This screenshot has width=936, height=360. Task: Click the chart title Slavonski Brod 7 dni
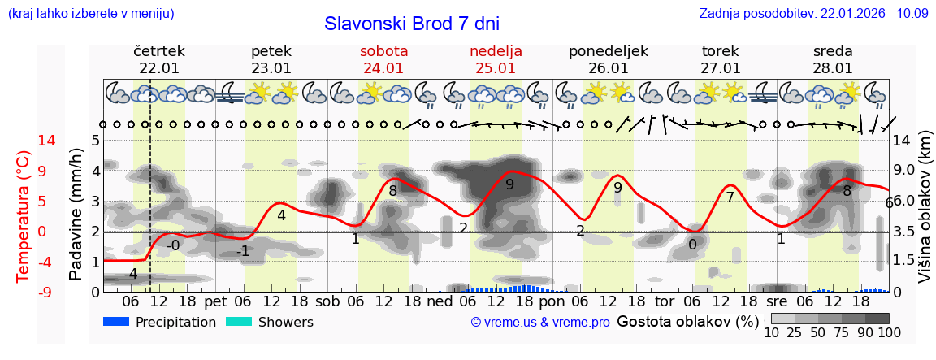(411, 23)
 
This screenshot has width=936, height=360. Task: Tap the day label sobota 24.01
(383, 59)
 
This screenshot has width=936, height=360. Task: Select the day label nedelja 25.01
(496, 59)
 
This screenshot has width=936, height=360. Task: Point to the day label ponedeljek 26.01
(609, 59)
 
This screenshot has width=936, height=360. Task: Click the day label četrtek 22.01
(159, 59)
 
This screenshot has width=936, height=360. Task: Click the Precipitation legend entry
(159, 322)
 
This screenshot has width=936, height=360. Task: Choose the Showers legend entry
(269, 322)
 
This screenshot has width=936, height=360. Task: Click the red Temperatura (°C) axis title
(24, 215)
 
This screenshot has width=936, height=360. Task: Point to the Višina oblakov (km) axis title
(925, 215)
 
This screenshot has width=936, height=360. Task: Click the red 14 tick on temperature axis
(24, 141)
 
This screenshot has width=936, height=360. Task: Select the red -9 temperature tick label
(24, 292)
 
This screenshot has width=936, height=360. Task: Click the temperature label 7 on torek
(730, 197)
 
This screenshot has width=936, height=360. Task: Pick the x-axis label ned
(440, 301)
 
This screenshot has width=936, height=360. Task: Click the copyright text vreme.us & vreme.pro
(540, 323)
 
